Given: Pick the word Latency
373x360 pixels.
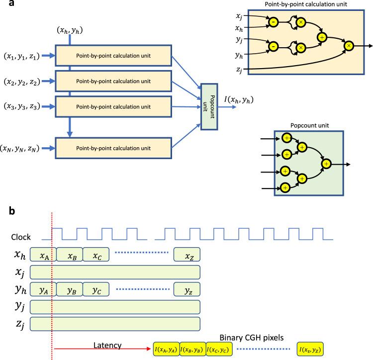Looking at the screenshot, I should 107,345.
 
